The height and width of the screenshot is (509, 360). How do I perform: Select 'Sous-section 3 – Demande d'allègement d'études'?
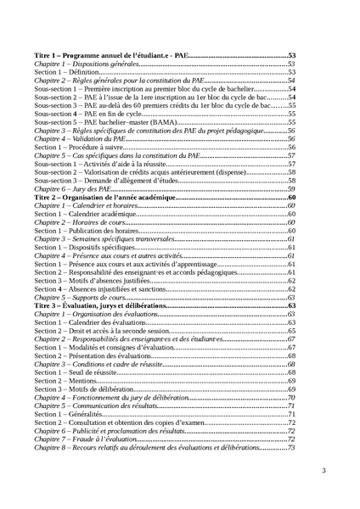tap(110, 180)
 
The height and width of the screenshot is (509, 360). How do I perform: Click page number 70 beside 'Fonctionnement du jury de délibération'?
tap(290, 397)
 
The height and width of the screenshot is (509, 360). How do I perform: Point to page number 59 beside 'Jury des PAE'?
tap(290, 188)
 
